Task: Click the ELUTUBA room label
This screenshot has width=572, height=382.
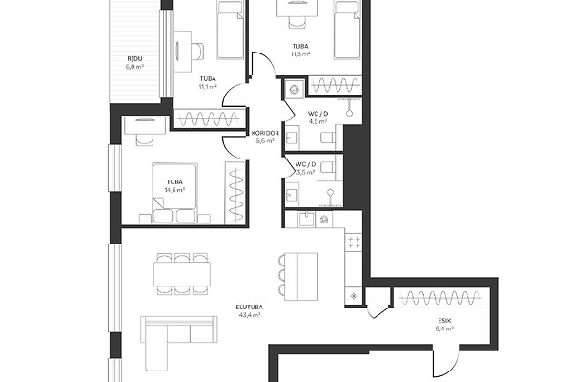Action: click(250, 308)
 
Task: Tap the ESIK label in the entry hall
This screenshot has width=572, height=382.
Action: click(444, 321)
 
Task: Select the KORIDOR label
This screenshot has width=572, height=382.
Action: click(265, 133)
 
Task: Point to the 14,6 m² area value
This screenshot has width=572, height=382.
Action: click(174, 190)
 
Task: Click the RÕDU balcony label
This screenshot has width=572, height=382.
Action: click(134, 58)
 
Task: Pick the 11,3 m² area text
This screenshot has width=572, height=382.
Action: click(300, 54)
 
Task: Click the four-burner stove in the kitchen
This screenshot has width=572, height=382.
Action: click(354, 243)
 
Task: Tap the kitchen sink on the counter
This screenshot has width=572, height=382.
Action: click(306, 220)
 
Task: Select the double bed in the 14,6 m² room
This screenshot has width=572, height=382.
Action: click(175, 193)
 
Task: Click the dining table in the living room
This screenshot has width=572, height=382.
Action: click(182, 274)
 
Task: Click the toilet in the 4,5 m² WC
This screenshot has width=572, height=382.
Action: click(328, 138)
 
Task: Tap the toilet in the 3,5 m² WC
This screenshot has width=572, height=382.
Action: click(328, 167)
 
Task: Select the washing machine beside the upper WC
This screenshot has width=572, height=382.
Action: click(295, 89)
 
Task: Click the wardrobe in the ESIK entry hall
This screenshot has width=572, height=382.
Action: click(441, 298)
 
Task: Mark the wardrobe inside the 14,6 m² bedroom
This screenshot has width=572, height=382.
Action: click(235, 192)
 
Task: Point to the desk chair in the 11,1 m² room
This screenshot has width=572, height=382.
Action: click(197, 52)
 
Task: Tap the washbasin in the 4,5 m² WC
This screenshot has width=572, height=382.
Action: click(293, 138)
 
